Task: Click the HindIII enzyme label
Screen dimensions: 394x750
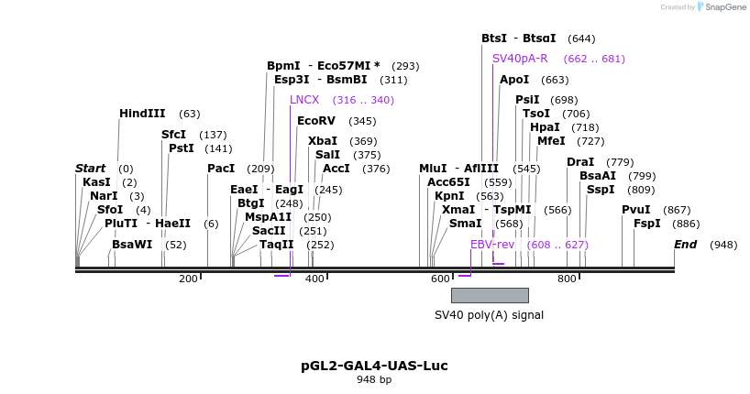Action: coord(142,114)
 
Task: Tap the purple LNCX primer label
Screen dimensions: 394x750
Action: coord(304,100)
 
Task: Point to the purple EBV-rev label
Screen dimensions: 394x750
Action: coord(492,245)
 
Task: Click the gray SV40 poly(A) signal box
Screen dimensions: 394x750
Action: coord(490,295)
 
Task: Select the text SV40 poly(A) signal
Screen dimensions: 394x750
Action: coord(489,315)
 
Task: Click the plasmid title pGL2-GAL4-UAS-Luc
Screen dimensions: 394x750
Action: coord(374,366)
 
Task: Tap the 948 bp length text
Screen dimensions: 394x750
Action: coord(374,379)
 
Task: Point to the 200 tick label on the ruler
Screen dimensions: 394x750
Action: coord(188,279)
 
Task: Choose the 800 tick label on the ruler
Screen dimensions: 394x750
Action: coord(567,279)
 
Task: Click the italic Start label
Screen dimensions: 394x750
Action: coord(91,169)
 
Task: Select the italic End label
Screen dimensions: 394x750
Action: coord(685,245)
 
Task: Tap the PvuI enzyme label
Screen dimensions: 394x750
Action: coord(636,210)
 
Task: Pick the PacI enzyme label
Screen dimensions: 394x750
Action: coord(221,169)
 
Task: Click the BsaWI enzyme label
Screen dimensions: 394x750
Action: coord(131,245)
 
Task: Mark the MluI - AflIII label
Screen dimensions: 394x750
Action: coord(458,169)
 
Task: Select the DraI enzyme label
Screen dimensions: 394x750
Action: coord(580,162)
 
